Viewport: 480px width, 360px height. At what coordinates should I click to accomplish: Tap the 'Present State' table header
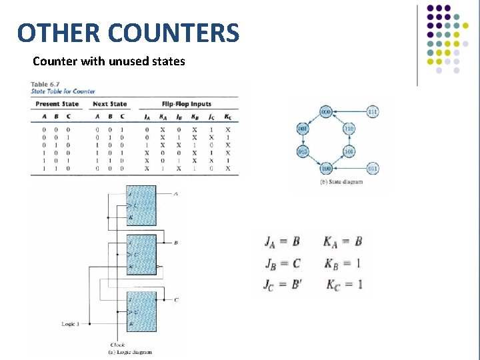(57, 104)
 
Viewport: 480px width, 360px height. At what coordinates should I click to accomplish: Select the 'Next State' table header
(110, 104)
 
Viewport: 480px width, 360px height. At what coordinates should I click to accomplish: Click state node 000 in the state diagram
(326, 111)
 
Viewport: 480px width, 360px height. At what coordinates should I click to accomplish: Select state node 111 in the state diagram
(373, 111)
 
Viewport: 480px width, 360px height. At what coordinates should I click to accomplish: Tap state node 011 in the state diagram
(372, 168)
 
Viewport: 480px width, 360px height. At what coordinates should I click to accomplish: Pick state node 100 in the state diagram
(326, 168)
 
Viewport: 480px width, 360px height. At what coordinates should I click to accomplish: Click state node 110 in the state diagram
(349, 129)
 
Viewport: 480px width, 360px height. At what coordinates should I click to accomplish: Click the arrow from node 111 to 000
(349, 111)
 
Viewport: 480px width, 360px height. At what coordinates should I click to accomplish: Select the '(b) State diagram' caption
(342, 181)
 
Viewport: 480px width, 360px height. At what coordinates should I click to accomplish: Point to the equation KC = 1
(344, 285)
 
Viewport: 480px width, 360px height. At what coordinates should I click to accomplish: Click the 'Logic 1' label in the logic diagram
(71, 324)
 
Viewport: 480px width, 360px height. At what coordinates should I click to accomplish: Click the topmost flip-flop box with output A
(141, 205)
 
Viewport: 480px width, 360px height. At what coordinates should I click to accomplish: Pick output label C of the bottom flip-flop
(175, 300)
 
